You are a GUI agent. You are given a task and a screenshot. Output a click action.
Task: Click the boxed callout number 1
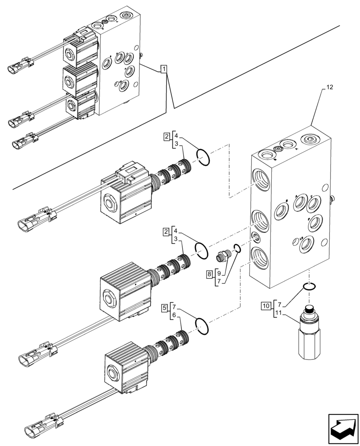164,69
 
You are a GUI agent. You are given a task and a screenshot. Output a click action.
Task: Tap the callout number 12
329,88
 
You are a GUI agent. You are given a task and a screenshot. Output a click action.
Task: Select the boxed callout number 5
165,307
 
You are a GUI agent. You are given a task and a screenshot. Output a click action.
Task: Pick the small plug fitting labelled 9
222,256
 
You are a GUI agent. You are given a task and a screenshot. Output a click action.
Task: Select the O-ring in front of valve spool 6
202,326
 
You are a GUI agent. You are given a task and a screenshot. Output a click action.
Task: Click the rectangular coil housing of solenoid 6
126,366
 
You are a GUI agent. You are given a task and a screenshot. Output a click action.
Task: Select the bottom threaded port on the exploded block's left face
260,256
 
